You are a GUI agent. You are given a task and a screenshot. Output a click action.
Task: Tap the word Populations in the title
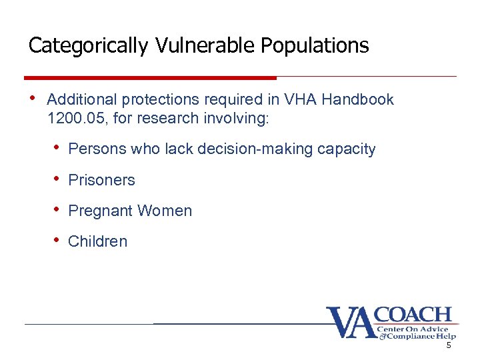(315, 45)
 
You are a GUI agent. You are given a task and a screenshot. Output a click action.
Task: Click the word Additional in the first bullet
(80, 100)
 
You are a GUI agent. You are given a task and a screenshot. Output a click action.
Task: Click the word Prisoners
(101, 180)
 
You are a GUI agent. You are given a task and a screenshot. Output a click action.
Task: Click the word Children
(97, 241)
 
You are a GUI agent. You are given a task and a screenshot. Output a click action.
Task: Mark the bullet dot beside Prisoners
(59, 179)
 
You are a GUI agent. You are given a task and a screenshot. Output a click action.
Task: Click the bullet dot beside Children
(59, 240)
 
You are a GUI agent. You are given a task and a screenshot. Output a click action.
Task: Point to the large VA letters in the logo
(349, 323)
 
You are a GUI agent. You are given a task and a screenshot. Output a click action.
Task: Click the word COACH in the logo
(413, 315)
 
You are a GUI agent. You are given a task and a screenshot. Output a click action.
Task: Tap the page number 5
(449, 346)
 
